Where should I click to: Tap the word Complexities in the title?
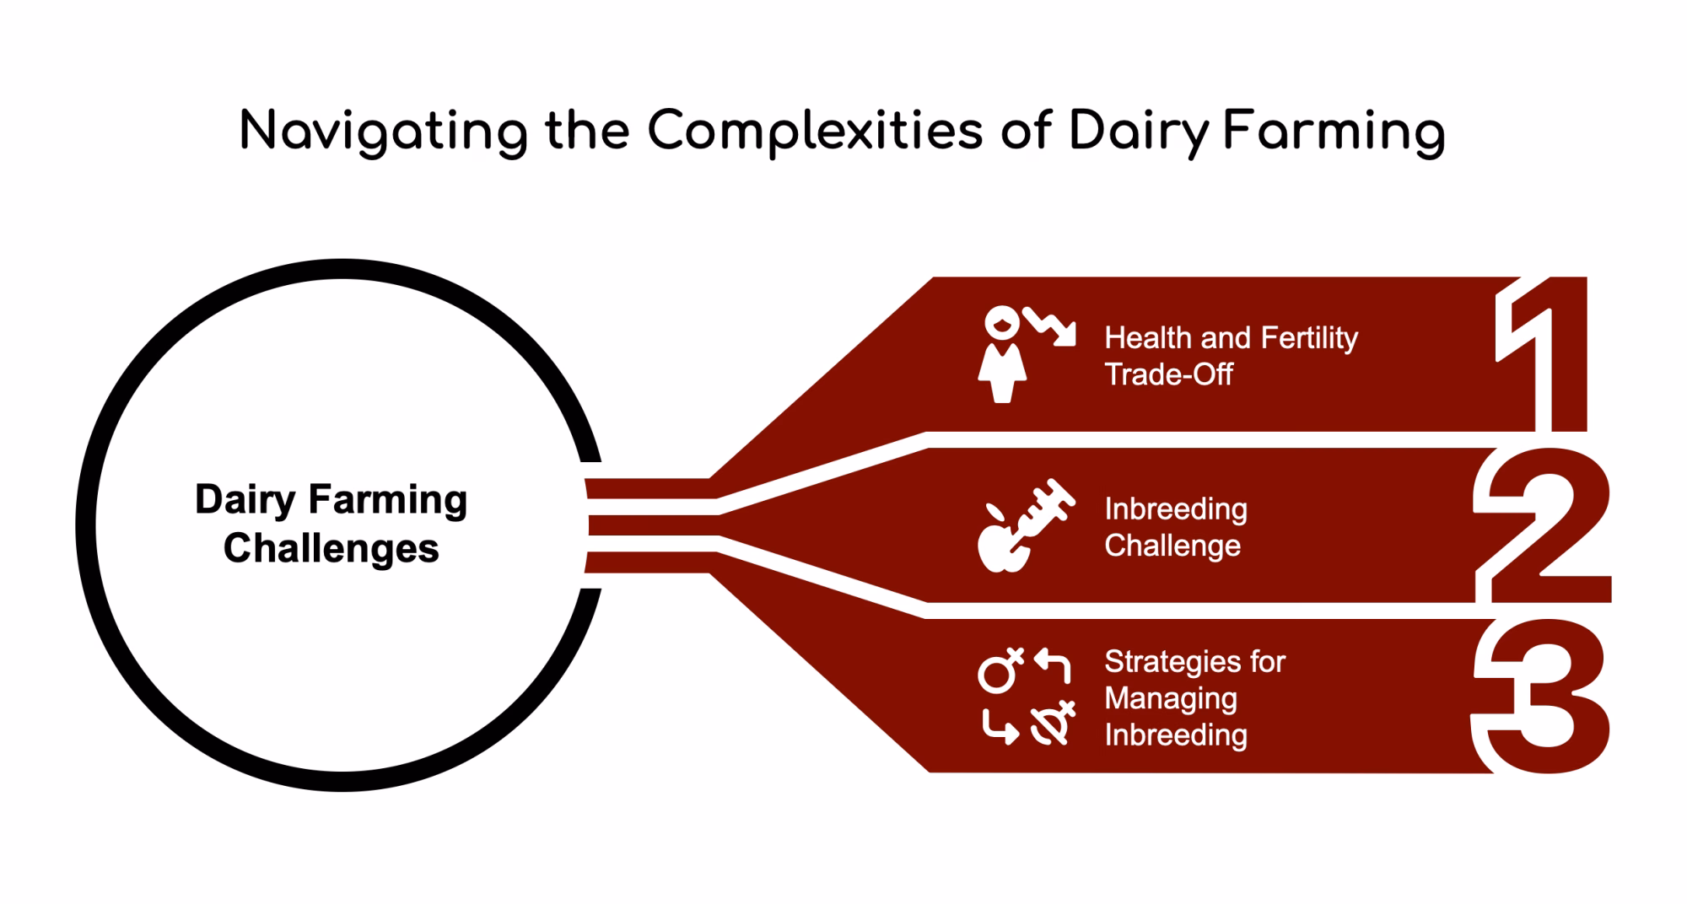tap(815, 132)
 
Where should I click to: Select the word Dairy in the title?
tap(1139, 132)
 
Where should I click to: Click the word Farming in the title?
tap(1334, 132)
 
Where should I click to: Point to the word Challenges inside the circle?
tap(331, 548)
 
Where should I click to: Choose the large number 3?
tap(1544, 697)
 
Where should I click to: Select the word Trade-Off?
tap(1168, 374)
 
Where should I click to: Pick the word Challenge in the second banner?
tap(1172, 546)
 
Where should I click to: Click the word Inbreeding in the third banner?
tap(1175, 735)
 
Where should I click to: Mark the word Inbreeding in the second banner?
tap(1175, 509)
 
